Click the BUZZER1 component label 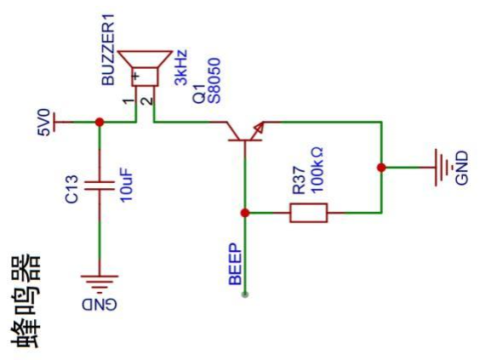tap(108, 49)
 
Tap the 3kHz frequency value tap(181, 67)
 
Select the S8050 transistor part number tap(214, 81)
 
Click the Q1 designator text tap(199, 94)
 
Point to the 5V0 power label tap(44, 123)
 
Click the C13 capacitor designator tap(71, 189)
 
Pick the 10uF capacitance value tap(126, 185)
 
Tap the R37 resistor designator tap(299, 180)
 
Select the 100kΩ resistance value tap(317, 170)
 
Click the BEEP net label tap(235, 264)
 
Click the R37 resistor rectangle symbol tap(308, 213)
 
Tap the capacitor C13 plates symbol tap(100, 186)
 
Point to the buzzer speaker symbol tap(146, 68)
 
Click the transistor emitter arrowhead tap(259, 129)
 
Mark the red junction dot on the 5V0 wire tap(100, 122)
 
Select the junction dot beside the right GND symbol tap(381, 168)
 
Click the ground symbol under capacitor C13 tap(100, 283)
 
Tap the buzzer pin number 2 tap(147, 101)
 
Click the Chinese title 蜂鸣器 tap(26, 301)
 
